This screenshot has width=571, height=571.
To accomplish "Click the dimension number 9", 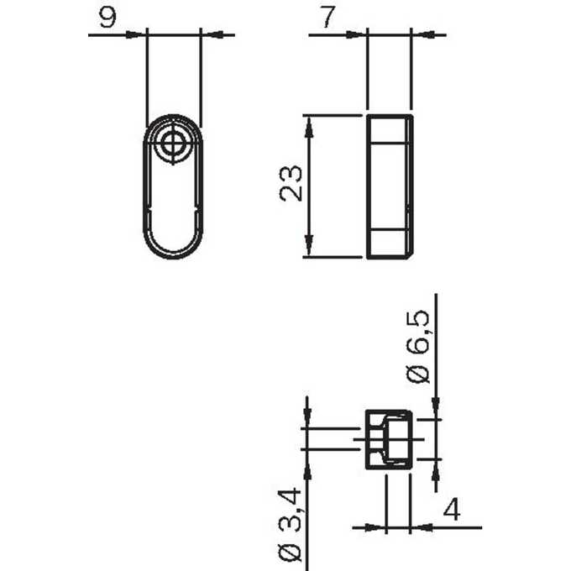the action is [x=107, y=17].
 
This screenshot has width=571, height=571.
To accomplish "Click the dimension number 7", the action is [x=327, y=17].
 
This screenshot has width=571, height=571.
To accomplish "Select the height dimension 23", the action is [x=291, y=183].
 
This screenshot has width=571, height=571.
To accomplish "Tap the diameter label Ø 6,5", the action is [x=418, y=346].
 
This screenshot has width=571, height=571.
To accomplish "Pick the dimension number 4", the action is [x=452, y=509].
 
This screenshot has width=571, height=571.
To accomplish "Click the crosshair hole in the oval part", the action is [x=173, y=143].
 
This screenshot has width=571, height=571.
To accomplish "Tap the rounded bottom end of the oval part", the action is [x=173, y=251].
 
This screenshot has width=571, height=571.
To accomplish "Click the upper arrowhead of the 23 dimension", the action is [x=308, y=127].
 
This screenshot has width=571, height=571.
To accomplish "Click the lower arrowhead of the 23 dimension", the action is [x=309, y=244].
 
